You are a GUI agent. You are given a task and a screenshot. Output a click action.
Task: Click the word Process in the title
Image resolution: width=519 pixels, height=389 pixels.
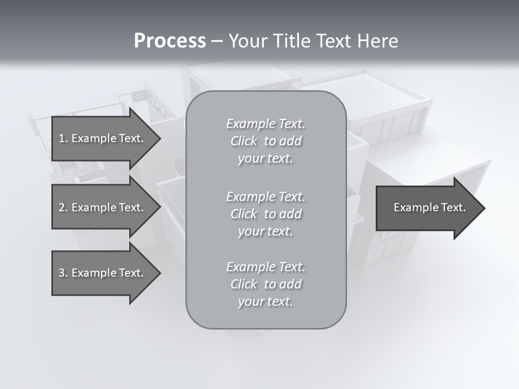(170, 41)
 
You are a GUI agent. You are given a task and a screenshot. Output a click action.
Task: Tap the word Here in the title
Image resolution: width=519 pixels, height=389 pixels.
(377, 41)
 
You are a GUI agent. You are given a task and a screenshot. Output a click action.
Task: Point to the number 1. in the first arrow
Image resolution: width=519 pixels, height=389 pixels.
(63, 138)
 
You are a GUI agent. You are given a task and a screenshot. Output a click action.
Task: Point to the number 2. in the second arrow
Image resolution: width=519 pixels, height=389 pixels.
(63, 207)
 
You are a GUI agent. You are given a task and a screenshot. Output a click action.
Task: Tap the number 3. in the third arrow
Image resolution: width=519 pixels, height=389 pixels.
(63, 273)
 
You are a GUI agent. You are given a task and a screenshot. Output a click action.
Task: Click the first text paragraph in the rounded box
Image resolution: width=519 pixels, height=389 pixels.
(265, 141)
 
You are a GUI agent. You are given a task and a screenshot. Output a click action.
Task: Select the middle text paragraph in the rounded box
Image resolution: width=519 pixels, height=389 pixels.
(265, 214)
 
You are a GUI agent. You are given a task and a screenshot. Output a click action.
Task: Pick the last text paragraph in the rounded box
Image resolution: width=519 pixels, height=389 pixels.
(265, 284)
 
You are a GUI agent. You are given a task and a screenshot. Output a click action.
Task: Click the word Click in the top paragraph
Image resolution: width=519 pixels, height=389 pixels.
(244, 141)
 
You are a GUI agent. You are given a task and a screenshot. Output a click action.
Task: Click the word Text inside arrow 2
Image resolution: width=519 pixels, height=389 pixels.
(131, 207)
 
